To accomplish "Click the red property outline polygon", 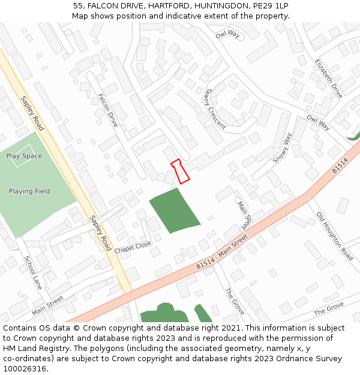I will click(x=181, y=171).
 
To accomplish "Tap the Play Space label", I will click(x=24, y=156).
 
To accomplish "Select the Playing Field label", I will click(x=29, y=191).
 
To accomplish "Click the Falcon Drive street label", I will click(x=108, y=110).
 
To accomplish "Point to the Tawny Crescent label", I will click(x=214, y=109).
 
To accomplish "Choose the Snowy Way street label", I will click(x=281, y=148).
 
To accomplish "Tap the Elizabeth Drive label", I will click(x=329, y=79).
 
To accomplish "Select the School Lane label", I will click(x=33, y=272).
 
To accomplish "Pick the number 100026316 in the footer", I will click(x=25, y=368).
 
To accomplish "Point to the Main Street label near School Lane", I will click(x=47, y=305).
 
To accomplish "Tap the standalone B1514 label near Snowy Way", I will click(x=340, y=167).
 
